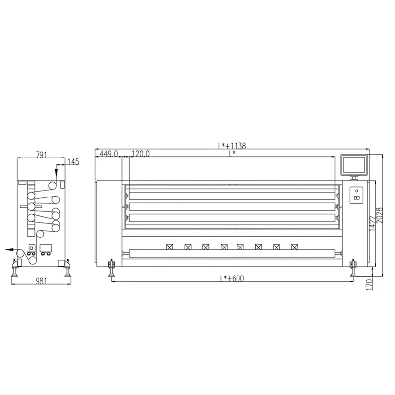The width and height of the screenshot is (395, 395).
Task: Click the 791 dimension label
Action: pyautogui.click(x=41, y=155)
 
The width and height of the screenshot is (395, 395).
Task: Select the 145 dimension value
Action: pyautogui.click(x=73, y=162)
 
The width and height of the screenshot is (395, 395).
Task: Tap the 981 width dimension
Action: pyautogui.click(x=41, y=280)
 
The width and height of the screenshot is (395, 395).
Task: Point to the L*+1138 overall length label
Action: pyautogui.click(x=232, y=146)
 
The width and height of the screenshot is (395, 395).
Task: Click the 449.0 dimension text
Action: pyautogui.click(x=109, y=154)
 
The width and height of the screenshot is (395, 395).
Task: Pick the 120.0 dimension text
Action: pyautogui.click(x=141, y=154)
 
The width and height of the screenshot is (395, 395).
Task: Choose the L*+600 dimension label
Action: pyautogui.click(x=232, y=278)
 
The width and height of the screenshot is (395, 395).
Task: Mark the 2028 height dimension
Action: pyautogui.click(x=379, y=215)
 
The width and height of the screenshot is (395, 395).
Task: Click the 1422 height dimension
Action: pyautogui.click(x=373, y=223)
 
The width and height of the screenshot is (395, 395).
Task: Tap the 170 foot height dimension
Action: pyautogui.click(x=369, y=285)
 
